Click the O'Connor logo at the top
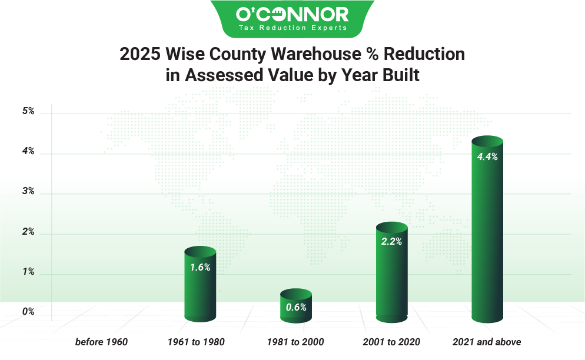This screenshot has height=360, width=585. coord(292,14)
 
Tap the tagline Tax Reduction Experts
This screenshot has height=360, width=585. coord(292,28)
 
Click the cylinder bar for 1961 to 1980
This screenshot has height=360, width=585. coord(201,288)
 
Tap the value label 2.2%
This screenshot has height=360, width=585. coord(391,242)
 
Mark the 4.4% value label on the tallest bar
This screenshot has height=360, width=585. coord(487,157)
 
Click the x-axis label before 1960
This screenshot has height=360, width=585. coord(101,342)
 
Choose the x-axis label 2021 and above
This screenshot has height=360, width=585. coord(487,342)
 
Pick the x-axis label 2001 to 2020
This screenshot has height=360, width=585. coord(391,342)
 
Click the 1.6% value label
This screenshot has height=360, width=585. coord(200,266)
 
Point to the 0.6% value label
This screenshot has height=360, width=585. coord(296,307)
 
